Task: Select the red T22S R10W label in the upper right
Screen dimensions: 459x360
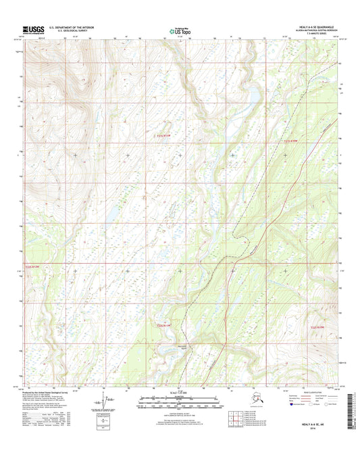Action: pyautogui.click(x=290, y=141)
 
